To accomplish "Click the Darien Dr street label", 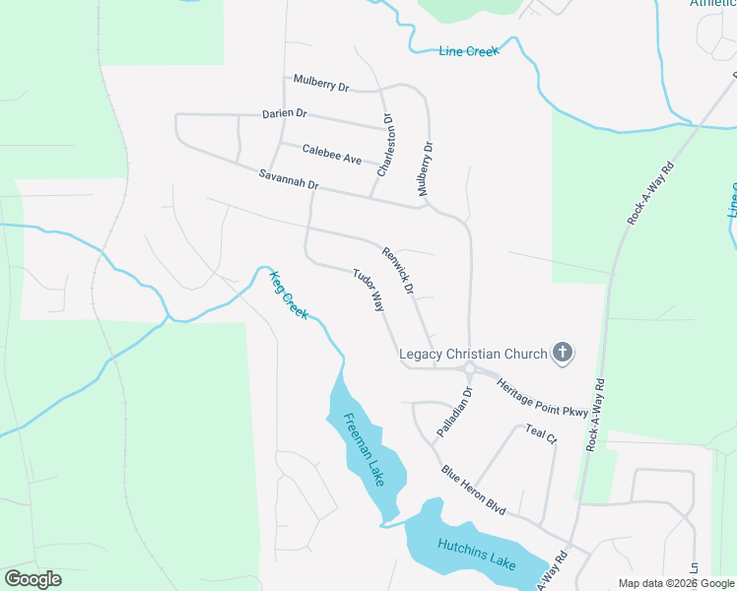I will [285, 113].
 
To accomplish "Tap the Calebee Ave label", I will [332, 155].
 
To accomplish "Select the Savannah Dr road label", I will [289, 179].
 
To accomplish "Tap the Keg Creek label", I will [290, 295].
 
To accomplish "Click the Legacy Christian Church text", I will [472, 353].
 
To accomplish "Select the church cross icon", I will [563, 353].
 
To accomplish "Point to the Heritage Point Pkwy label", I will [541, 397].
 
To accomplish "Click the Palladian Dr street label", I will [454, 412].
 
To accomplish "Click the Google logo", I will [33, 579].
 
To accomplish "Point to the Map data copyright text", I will [676, 583].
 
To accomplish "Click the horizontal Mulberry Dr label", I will [321, 82].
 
